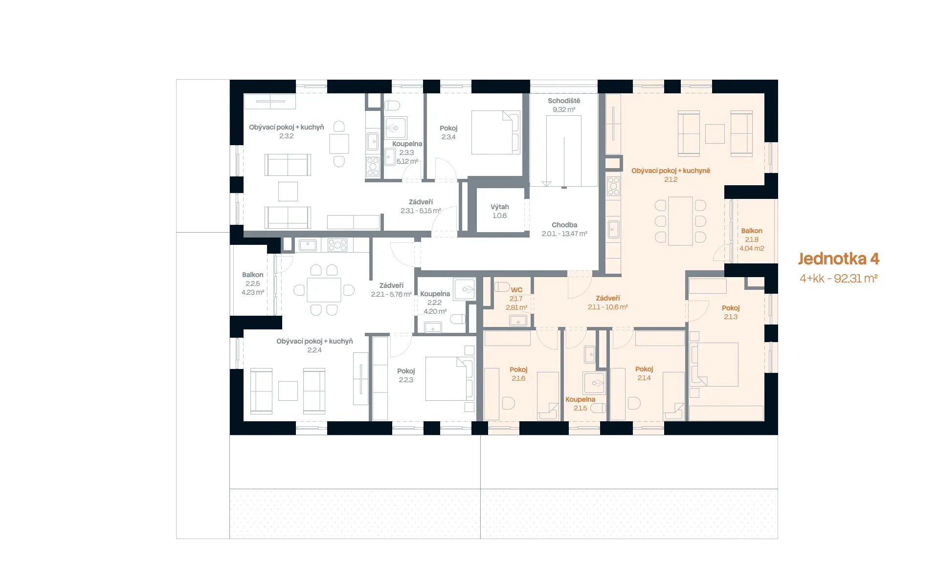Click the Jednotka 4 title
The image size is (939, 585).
coord(838,259)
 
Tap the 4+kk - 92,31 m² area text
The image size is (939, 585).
coord(838,279)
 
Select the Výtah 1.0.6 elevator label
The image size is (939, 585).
coord(500,211)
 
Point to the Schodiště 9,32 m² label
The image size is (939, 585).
coord(564,105)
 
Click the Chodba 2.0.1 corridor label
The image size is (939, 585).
coord(564,229)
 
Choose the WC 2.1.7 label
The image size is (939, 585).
coord(516,299)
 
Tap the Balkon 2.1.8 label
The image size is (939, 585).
coord(752,239)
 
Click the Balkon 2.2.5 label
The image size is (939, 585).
coord(253,283)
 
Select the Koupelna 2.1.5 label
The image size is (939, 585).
coord(581,404)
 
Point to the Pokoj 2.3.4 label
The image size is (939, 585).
coord(448,132)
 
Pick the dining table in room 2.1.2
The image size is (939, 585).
coord(680,221)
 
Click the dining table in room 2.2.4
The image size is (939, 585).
coord(324,290)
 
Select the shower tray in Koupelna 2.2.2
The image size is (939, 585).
coord(465,289)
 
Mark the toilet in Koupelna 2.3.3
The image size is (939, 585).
coord(392,105)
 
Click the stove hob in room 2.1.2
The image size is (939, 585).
coord(613,186)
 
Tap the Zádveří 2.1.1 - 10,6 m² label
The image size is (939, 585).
coord(608,303)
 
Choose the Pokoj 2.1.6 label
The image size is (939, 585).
coord(518,374)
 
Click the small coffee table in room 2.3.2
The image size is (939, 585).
coord(288,192)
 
